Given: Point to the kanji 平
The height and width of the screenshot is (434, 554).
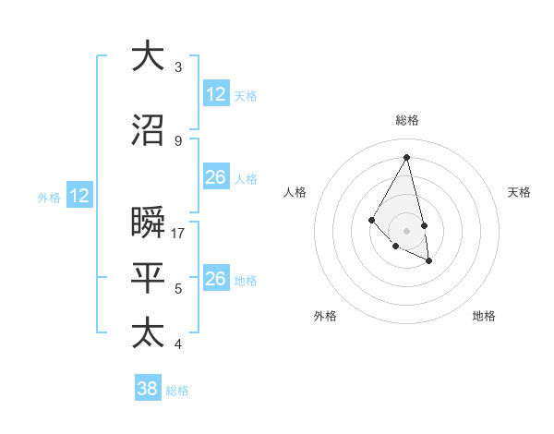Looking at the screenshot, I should click(x=149, y=278).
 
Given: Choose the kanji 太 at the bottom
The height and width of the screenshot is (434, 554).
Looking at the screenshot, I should click(x=149, y=332).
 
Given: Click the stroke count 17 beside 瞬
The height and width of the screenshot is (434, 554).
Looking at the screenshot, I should click(x=179, y=234).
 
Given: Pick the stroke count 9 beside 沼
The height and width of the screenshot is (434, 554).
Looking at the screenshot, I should click(x=178, y=140).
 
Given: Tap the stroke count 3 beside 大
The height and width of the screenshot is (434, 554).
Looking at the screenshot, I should click(x=178, y=66).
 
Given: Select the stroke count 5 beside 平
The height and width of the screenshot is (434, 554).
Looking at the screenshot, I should click(x=178, y=289).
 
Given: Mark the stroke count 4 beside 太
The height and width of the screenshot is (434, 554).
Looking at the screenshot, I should click(x=178, y=344).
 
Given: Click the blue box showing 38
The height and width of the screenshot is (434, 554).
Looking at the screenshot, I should click(x=148, y=389).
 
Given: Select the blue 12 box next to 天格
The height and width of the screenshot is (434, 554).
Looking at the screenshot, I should click(x=216, y=94).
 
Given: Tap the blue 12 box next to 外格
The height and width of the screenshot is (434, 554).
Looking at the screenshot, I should click(x=79, y=196).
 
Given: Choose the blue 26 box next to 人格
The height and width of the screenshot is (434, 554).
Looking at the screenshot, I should click(x=216, y=177).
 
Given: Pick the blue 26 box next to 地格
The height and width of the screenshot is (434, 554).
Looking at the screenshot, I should click(x=216, y=279).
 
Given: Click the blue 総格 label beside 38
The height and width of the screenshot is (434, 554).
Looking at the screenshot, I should click(x=177, y=391).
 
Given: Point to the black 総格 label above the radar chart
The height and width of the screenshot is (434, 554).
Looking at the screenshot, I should click(x=407, y=120).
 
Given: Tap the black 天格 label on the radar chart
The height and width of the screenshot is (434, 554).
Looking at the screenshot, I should click(x=519, y=192).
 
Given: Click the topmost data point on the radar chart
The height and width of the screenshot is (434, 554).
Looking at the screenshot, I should click(x=407, y=156).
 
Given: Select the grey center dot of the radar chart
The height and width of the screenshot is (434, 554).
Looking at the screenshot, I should click(x=407, y=230).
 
